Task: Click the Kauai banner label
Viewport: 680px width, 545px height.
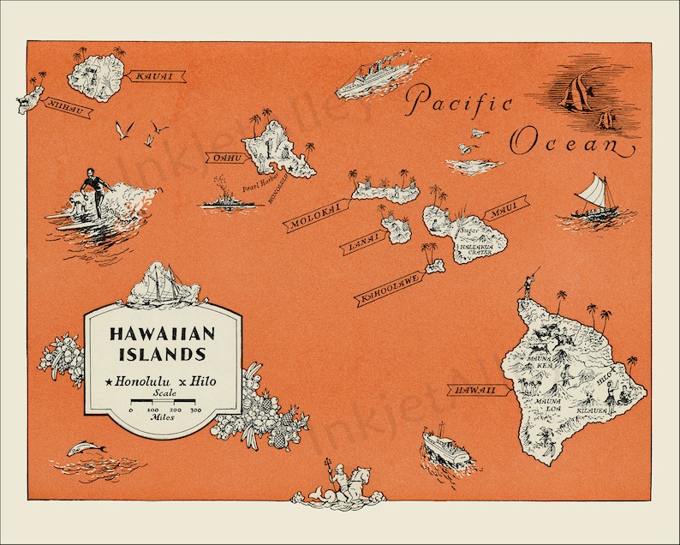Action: tap(154, 76)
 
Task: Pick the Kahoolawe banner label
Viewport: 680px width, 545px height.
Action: tap(389, 286)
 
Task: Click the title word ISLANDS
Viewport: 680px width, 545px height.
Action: tap(163, 353)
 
